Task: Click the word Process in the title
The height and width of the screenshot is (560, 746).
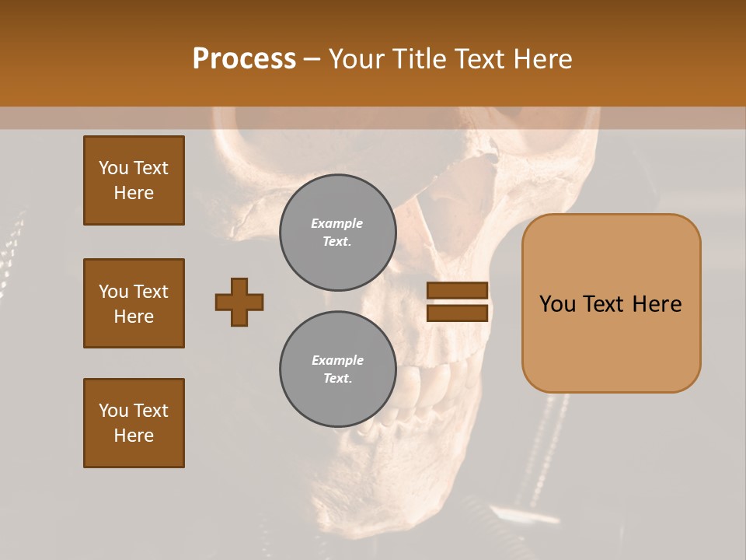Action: [x=244, y=59]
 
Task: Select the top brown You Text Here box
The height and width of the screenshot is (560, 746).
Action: [x=134, y=180]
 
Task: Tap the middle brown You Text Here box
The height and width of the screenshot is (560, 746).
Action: [x=134, y=303]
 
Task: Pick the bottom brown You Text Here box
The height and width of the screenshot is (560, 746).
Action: [x=134, y=423]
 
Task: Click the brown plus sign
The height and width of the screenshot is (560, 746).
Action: [x=239, y=302]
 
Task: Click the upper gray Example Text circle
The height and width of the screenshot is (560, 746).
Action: [x=337, y=233]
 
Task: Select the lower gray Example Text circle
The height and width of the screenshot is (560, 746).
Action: [x=337, y=369]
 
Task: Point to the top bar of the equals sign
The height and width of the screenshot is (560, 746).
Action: [x=457, y=290]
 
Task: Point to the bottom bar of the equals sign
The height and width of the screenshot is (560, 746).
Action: [x=457, y=313]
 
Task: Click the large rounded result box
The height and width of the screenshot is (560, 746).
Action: [x=611, y=342]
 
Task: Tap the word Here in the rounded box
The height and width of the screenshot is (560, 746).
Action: [x=657, y=304]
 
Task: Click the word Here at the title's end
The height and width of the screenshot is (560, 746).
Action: [x=544, y=59]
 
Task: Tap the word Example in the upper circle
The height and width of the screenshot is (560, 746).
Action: [x=337, y=223]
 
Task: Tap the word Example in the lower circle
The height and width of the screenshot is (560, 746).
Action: [x=337, y=360]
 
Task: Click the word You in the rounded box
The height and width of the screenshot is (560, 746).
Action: [x=557, y=304]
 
